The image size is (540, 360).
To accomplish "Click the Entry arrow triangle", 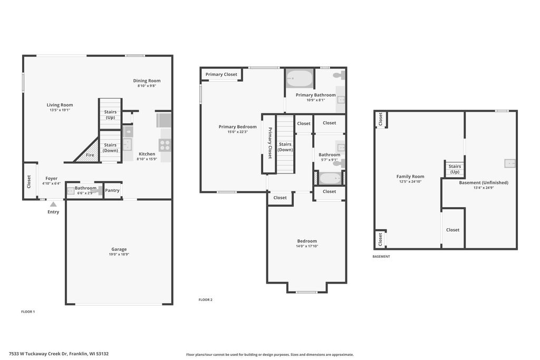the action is pyautogui.click(x=53, y=205).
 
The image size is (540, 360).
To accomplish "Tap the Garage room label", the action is pyautogui.click(x=119, y=249).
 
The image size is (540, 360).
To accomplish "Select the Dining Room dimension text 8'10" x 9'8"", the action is pyautogui.click(x=147, y=86).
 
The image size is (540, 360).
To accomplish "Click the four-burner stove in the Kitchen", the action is pyautogui.click(x=165, y=145).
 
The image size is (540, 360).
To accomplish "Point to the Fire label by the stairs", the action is pyautogui.click(x=90, y=155).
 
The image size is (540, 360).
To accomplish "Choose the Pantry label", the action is pyautogui.click(x=112, y=190).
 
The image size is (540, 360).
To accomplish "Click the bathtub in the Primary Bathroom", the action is pyautogui.click(x=300, y=79).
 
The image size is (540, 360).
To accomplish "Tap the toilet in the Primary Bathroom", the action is pyautogui.click(x=340, y=75).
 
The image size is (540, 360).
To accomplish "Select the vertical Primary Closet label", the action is pyautogui.click(x=270, y=143).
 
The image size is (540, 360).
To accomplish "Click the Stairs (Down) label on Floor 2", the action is pyautogui.click(x=285, y=147).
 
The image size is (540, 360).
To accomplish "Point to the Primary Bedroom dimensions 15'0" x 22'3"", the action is pyautogui.click(x=238, y=132).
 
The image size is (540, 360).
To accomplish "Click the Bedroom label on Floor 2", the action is pyautogui.click(x=307, y=241).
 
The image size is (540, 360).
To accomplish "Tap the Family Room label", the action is pyautogui.click(x=410, y=176).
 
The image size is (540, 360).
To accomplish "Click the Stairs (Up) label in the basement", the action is pyautogui.click(x=455, y=169).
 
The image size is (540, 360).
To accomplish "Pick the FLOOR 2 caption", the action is pyautogui.click(x=206, y=300).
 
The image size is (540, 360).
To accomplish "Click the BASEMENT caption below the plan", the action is pyautogui.click(x=381, y=256).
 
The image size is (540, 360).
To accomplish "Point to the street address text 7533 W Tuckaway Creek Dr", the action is pyautogui.click(x=38, y=354).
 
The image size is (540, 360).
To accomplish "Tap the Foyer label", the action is pyautogui.click(x=51, y=178).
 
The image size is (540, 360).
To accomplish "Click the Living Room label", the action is pyautogui.click(x=60, y=105).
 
